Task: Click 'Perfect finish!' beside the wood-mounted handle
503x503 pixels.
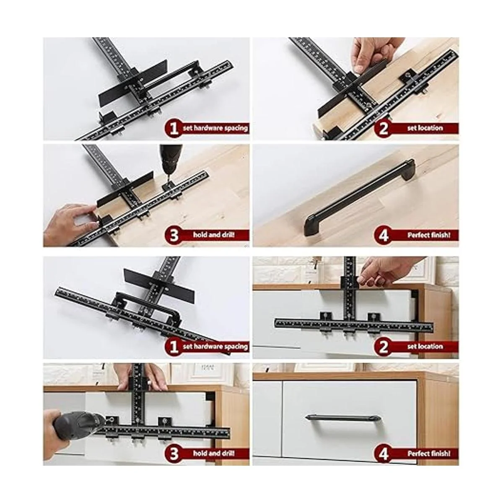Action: pos(429,235)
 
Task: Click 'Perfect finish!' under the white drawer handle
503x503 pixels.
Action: pos(429,453)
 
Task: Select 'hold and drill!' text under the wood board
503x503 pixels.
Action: pos(214,235)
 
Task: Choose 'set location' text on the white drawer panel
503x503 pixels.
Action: pos(425,346)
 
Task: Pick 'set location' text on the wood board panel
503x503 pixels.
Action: pos(425,128)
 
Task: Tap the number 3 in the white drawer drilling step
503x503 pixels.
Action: pos(174,454)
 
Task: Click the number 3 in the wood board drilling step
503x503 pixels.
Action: pos(174,236)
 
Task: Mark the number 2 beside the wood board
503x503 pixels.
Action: pos(383,129)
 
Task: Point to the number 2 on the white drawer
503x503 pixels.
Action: pos(383,347)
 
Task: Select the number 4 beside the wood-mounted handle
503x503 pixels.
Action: pos(383,236)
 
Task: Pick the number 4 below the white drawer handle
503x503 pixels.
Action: pos(383,454)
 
